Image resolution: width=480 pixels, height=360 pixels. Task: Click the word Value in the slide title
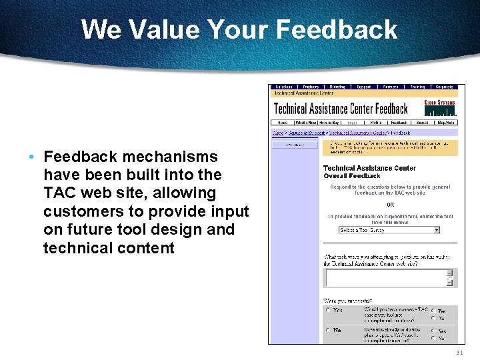click(x=163, y=30)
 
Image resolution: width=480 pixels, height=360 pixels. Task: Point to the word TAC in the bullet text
click(x=59, y=193)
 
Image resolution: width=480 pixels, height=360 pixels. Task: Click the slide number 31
click(x=459, y=353)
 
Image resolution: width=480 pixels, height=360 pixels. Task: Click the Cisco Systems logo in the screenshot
click(x=440, y=107)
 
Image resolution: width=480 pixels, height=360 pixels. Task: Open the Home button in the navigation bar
click(x=282, y=123)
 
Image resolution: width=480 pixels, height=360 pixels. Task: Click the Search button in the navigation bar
click(x=422, y=123)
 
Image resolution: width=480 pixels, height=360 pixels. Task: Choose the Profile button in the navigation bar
click(x=376, y=123)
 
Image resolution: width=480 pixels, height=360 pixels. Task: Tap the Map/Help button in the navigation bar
click(x=446, y=123)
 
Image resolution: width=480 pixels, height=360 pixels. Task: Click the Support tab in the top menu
click(x=363, y=87)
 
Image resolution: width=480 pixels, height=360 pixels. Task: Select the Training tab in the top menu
click(x=417, y=87)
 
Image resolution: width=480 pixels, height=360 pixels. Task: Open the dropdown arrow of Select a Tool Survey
click(x=437, y=230)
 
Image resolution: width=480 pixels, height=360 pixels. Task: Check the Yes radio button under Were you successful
click(x=327, y=310)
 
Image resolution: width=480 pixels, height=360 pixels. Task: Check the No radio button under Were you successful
click(x=327, y=330)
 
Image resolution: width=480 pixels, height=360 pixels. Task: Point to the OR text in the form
click(x=390, y=205)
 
